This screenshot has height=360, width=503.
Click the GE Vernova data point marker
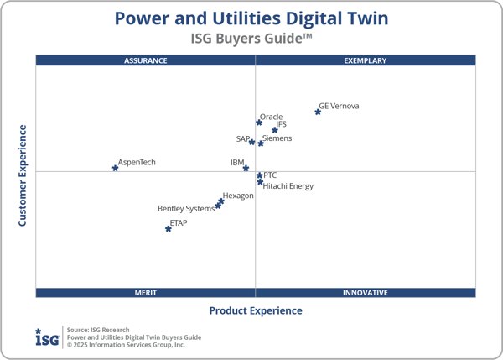tap(318, 112)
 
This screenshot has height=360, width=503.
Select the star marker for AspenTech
tap(115, 168)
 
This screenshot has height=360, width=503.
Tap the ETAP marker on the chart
tap(169, 228)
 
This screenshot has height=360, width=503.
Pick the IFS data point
tap(274, 130)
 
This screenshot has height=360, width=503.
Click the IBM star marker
tap(246, 168)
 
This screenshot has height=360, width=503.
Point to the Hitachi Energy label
tap(288, 186)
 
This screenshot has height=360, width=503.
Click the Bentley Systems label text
tap(186, 209)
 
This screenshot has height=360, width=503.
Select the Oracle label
tap(272, 117)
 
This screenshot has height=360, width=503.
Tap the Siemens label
tap(277, 138)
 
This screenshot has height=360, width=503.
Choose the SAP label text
tap(243, 138)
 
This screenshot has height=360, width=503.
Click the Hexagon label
tap(238, 196)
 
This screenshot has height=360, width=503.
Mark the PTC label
tap(270, 175)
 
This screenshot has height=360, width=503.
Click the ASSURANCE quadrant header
tap(146, 60)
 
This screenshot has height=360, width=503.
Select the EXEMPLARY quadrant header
tap(366, 60)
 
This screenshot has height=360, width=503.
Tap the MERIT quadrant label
tap(146, 293)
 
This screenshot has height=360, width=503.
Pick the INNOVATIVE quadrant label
tap(366, 293)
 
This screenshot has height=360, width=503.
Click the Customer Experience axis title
tap(23, 175)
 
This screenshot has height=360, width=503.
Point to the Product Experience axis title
tap(256, 310)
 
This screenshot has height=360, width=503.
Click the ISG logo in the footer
tap(47, 337)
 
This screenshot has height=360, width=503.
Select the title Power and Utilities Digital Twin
tap(251, 18)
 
